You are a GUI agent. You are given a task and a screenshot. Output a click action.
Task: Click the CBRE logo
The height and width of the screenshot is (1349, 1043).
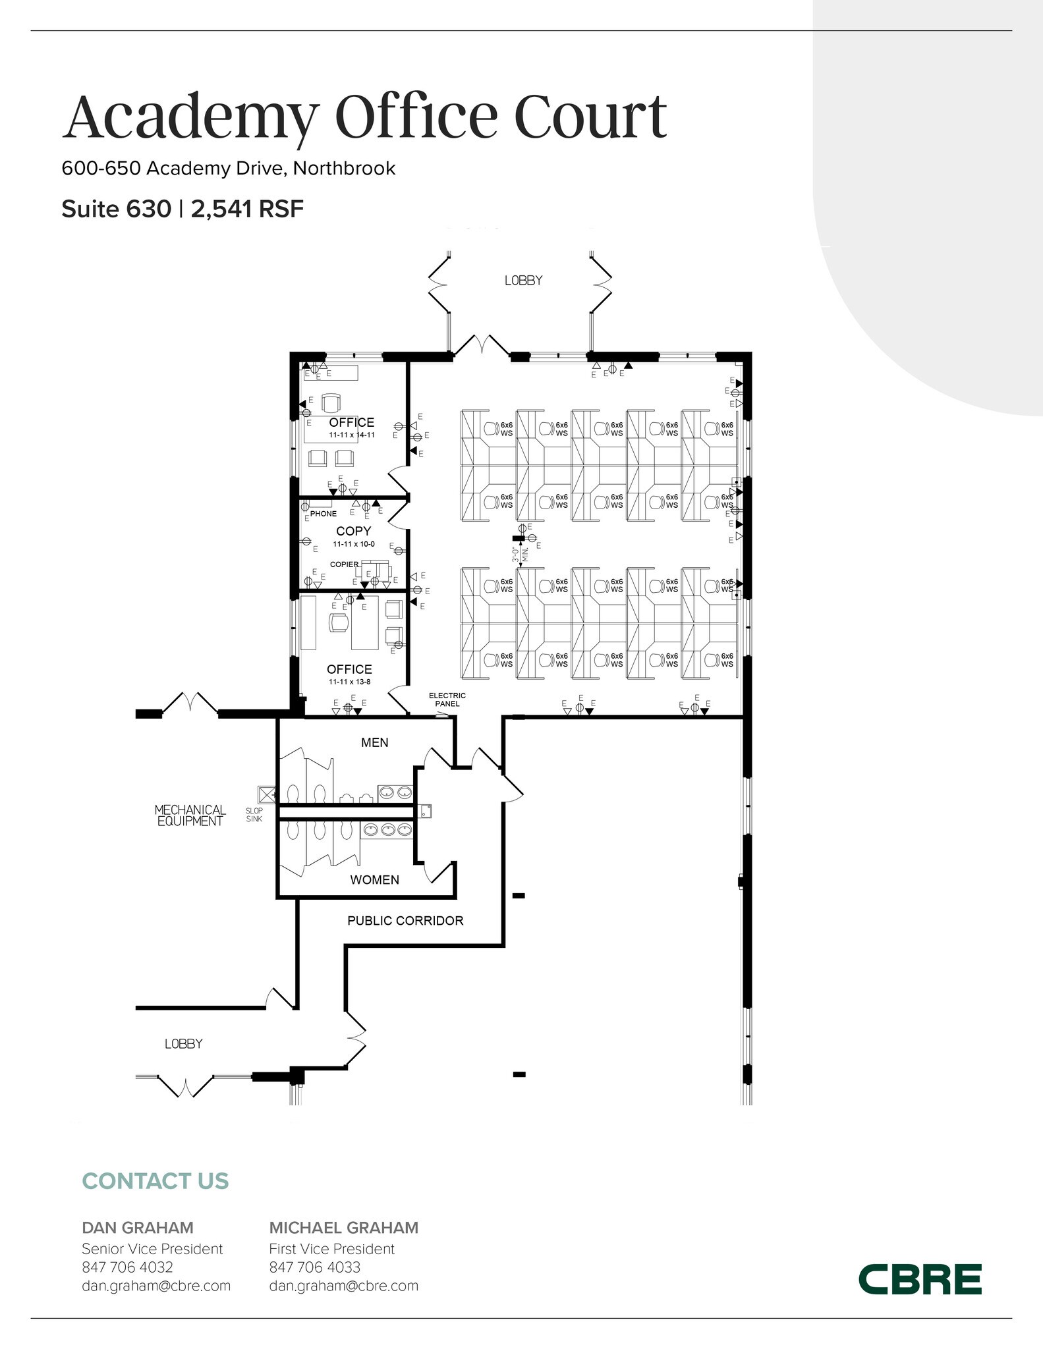click(x=919, y=1279)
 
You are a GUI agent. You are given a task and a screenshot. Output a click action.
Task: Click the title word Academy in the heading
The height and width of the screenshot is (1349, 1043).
click(x=190, y=117)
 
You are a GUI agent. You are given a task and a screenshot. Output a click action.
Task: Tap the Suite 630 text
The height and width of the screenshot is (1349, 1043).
click(x=116, y=209)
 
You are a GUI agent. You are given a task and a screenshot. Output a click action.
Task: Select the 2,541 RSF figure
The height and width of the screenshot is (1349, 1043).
click(x=247, y=209)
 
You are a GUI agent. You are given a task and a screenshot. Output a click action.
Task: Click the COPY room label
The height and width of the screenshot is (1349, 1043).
click(x=353, y=531)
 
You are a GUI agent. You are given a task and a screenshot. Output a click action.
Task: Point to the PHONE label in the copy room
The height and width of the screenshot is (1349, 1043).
click(x=324, y=514)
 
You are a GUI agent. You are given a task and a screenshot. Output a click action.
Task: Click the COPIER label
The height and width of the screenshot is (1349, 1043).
click(x=344, y=564)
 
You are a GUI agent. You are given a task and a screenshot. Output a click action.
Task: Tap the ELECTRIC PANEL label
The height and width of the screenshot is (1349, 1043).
click(x=447, y=700)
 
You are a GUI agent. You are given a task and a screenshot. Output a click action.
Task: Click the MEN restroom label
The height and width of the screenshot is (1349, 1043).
click(x=374, y=742)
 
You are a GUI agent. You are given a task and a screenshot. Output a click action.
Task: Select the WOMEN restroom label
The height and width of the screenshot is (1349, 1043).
click(x=374, y=879)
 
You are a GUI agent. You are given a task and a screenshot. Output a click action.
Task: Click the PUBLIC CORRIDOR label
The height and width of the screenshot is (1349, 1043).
click(x=405, y=921)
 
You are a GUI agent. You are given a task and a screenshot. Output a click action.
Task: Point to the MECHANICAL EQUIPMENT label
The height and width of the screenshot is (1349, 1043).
click(x=190, y=815)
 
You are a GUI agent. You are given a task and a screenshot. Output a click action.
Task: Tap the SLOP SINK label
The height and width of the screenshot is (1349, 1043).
click(x=254, y=815)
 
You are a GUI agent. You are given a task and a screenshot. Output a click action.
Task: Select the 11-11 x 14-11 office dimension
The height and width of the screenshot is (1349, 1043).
click(x=352, y=435)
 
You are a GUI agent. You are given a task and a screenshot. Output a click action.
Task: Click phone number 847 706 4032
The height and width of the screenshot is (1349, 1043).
click(x=127, y=1267)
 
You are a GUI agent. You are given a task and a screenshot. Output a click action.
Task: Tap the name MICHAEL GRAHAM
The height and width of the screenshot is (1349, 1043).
click(x=343, y=1227)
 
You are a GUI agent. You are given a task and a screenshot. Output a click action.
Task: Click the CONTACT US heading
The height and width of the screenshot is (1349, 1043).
click(x=155, y=1181)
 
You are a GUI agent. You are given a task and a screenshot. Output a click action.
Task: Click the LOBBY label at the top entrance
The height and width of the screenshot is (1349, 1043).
click(x=523, y=281)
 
